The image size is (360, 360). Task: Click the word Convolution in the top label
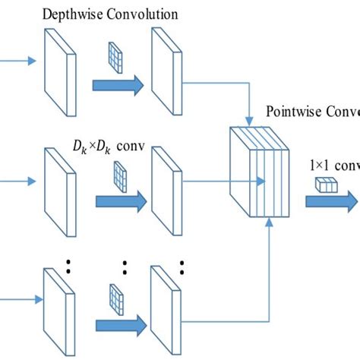141,14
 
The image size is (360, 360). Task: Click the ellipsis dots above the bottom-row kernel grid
125,267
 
